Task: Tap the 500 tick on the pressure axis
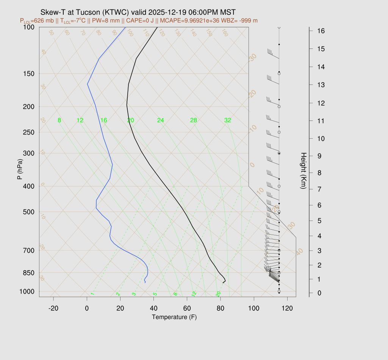coord(29,212)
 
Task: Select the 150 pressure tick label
coord(29,74)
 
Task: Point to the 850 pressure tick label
coord(29,273)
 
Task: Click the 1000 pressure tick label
coord(27,291)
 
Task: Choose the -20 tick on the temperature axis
coord(53,308)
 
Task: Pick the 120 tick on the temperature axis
coord(287,308)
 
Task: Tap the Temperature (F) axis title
coord(174,317)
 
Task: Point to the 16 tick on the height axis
coord(321,30)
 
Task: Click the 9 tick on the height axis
coord(321,156)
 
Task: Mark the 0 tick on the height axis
coord(321,293)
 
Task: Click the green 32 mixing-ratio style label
coord(228,121)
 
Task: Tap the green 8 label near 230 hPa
coord(59,121)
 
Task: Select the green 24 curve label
coord(161,121)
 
